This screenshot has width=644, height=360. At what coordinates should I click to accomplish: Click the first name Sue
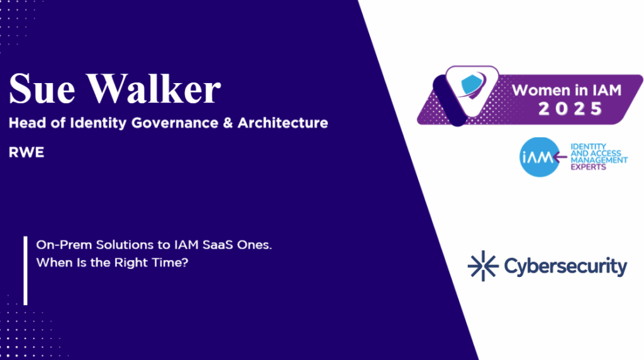(42, 88)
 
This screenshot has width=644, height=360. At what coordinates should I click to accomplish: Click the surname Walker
(153, 88)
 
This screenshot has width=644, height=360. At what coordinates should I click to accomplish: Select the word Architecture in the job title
(282, 123)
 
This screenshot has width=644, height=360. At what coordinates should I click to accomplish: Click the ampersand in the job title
(228, 123)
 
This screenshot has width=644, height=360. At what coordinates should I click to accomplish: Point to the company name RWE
(26, 152)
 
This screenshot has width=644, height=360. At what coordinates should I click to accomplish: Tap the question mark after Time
(184, 262)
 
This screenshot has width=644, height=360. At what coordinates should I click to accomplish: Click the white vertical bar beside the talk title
(25, 271)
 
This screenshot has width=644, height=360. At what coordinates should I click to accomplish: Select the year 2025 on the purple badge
(570, 109)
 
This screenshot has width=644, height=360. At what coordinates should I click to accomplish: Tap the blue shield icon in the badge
(473, 85)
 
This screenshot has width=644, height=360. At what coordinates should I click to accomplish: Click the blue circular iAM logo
(540, 157)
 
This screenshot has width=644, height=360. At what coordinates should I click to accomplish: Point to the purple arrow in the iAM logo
(560, 157)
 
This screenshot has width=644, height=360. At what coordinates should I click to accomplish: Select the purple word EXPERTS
(588, 167)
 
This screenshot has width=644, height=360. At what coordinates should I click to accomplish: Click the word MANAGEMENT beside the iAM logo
(599, 160)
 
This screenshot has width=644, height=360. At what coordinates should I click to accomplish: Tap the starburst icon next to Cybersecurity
(483, 266)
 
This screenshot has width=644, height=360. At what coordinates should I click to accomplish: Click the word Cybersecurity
(565, 267)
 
